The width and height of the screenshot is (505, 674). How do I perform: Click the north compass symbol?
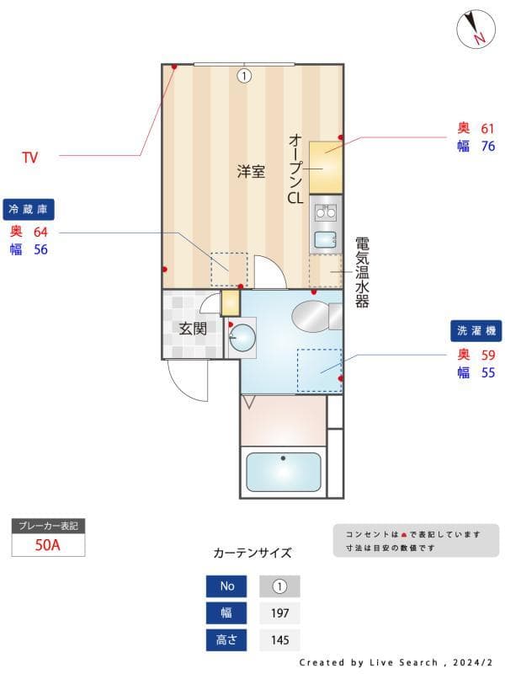click(x=476, y=29)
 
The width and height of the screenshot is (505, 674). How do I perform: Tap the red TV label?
click(x=30, y=157)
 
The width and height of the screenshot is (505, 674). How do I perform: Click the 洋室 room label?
click(x=250, y=173)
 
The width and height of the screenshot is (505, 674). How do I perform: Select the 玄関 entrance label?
click(x=192, y=328)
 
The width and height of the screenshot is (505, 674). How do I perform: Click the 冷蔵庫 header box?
click(x=29, y=209)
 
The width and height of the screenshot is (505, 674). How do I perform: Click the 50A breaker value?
click(x=48, y=544)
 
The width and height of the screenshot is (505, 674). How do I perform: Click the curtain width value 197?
click(x=279, y=612)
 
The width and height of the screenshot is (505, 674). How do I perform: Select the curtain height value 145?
click(x=279, y=640)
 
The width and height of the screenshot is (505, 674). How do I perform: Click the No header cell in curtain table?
click(x=227, y=586)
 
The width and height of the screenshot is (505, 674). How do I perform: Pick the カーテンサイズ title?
click(x=252, y=554)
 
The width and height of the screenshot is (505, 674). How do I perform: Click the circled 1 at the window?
click(x=244, y=76)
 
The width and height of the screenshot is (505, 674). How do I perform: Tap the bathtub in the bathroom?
click(x=283, y=473)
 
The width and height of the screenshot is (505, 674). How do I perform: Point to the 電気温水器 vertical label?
click(x=362, y=271)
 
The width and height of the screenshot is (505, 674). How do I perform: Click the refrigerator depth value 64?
click(x=40, y=232)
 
